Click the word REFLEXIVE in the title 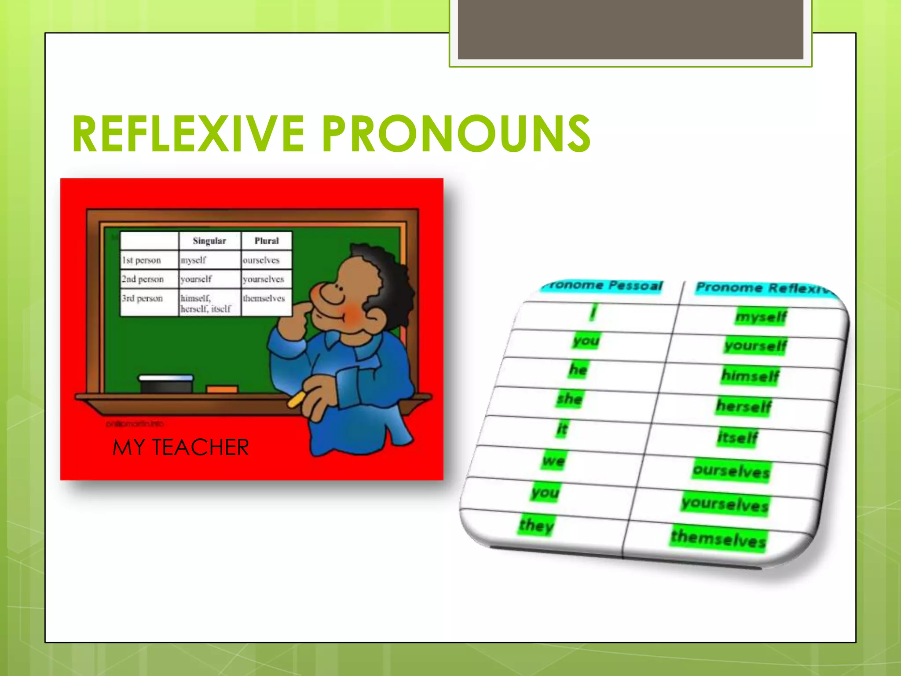(x=188, y=133)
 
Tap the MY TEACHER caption (x=180, y=447)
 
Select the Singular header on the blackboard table (x=209, y=241)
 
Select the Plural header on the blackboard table (x=267, y=241)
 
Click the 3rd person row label (x=142, y=298)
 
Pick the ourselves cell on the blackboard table (x=261, y=260)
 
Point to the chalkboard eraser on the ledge (x=166, y=384)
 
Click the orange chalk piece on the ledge (x=222, y=389)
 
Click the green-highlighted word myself (x=761, y=316)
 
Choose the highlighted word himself (x=750, y=376)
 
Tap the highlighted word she (x=570, y=399)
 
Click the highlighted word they (x=536, y=525)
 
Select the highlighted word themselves (x=718, y=538)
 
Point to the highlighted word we (x=553, y=461)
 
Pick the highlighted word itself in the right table (x=738, y=437)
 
